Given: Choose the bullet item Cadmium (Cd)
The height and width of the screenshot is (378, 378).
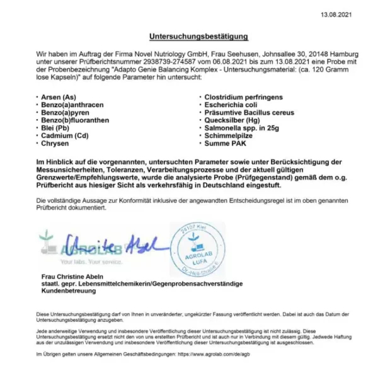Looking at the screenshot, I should (63, 135).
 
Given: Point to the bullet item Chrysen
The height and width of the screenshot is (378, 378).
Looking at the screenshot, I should (54, 144).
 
